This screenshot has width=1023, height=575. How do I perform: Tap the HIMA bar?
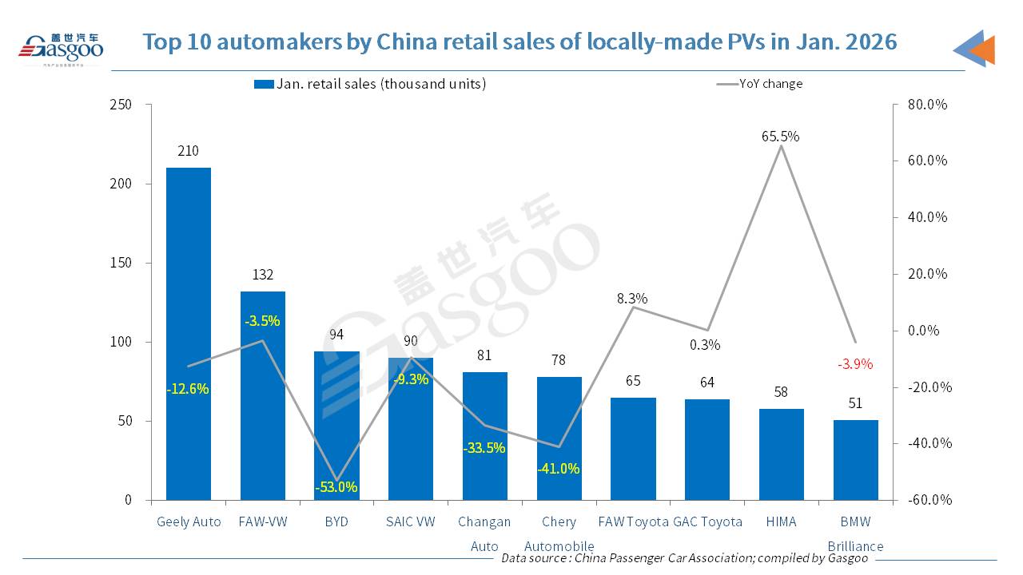[x=781, y=454]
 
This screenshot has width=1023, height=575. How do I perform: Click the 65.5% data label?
[x=780, y=137]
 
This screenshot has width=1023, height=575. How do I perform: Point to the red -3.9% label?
[x=855, y=364]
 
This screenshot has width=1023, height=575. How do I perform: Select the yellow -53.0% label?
[x=336, y=487]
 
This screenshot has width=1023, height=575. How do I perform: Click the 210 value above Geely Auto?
[x=189, y=151]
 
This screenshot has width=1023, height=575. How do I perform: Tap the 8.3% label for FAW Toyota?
[x=632, y=299]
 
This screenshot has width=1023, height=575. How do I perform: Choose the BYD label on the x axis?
[x=336, y=521]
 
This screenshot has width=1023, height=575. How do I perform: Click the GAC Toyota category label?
[x=707, y=521]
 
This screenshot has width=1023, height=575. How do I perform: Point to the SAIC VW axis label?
[x=411, y=521]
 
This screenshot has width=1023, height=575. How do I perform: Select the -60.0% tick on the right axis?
[x=927, y=500]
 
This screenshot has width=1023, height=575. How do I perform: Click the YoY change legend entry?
[x=759, y=84]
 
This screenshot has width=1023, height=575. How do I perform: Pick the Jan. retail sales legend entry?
[x=369, y=84]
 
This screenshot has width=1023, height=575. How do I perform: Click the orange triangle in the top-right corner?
[x=983, y=50]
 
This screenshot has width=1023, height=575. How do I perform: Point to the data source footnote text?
[x=684, y=558]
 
